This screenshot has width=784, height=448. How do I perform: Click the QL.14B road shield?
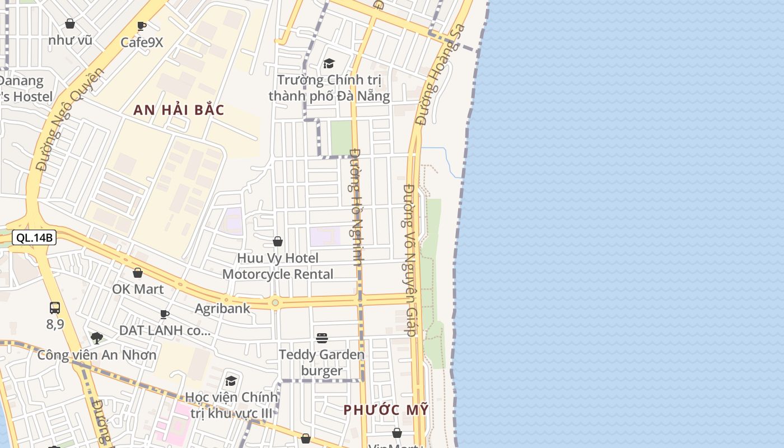(x=34, y=237)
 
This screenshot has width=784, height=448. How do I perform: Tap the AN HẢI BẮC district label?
(x=179, y=110)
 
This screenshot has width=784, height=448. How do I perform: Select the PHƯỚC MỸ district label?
(x=386, y=410)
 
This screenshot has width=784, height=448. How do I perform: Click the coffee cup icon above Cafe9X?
(x=142, y=26)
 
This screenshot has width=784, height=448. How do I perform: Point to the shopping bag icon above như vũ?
(x=70, y=24)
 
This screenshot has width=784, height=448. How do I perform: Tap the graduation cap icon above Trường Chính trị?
(x=329, y=64)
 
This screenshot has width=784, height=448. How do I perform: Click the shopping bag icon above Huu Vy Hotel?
(x=277, y=241)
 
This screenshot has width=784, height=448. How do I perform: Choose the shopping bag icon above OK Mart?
(x=138, y=273)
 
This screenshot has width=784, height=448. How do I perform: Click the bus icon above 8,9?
(x=55, y=307)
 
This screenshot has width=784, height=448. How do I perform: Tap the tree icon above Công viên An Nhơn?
(x=97, y=338)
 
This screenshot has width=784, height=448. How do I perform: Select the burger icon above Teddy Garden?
(x=321, y=338)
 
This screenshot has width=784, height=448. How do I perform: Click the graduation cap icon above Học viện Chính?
(x=231, y=381)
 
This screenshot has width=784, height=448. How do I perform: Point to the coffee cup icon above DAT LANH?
(x=165, y=314)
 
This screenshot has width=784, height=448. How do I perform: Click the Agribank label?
(x=222, y=309)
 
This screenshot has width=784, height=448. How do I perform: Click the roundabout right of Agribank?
(x=275, y=303)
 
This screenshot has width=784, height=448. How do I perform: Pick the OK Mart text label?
(x=138, y=289)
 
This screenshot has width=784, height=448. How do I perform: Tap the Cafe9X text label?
(x=142, y=42)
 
